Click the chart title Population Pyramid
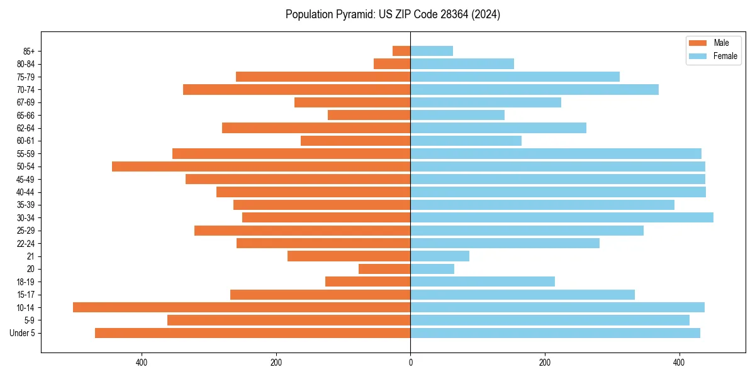point(393,14)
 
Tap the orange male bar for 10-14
point(242,307)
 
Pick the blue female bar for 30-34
point(562,217)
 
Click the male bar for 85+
point(401,51)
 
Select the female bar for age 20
point(432,269)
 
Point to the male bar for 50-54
point(261,167)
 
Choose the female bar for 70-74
point(535,90)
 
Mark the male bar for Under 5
point(253,333)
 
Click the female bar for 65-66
point(457,115)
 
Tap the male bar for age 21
point(349,256)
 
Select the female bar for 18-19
point(483,281)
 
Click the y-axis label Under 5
point(23,333)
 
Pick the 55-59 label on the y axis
point(26,153)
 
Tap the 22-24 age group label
point(26,243)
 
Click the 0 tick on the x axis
point(411,363)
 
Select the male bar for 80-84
point(392,64)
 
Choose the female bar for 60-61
point(466,141)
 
